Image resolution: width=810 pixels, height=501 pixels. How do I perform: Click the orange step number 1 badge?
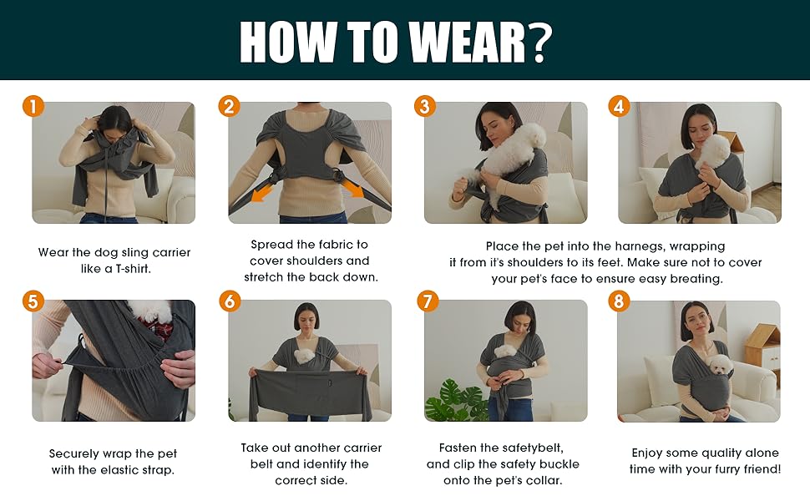point(33,106)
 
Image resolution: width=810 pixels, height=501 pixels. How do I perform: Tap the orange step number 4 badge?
point(619,106)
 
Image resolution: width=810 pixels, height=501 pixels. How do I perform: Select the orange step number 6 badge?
point(229,301)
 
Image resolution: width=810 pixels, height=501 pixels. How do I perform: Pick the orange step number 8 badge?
point(619,301)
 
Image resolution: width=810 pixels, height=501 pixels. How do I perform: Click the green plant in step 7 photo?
point(451,404)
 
